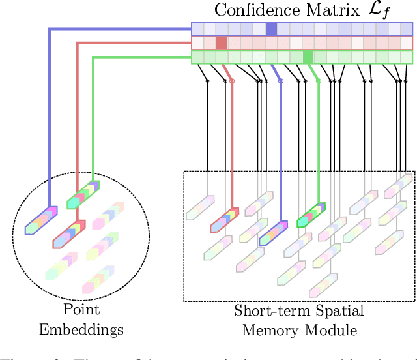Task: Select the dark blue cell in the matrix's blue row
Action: [271, 29]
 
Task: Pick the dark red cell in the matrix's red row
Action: [222, 43]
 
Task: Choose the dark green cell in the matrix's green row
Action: [309, 57]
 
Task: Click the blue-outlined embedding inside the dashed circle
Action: [41, 220]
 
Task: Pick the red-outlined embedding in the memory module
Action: [225, 220]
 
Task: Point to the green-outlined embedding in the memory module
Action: [311, 215]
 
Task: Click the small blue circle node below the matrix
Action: [281, 82]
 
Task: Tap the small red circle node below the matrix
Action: [232, 82]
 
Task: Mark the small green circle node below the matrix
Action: [318, 82]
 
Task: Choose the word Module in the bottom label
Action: [332, 330]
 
